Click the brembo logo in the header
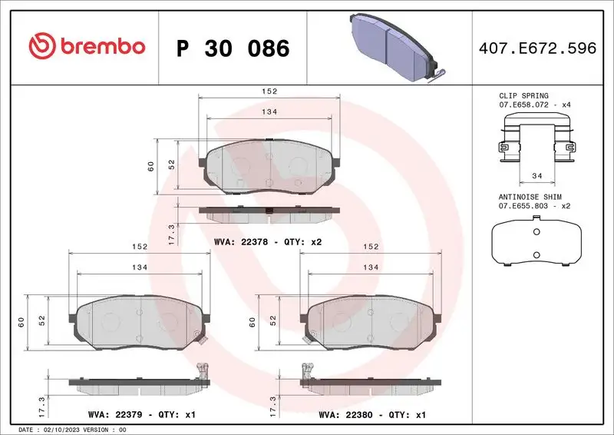(87, 48)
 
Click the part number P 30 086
(233, 48)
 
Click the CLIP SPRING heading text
(523, 96)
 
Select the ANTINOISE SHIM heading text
(530, 197)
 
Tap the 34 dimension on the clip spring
(535, 176)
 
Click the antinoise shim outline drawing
(536, 241)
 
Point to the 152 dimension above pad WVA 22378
(269, 91)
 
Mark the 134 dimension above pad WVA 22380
(371, 267)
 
